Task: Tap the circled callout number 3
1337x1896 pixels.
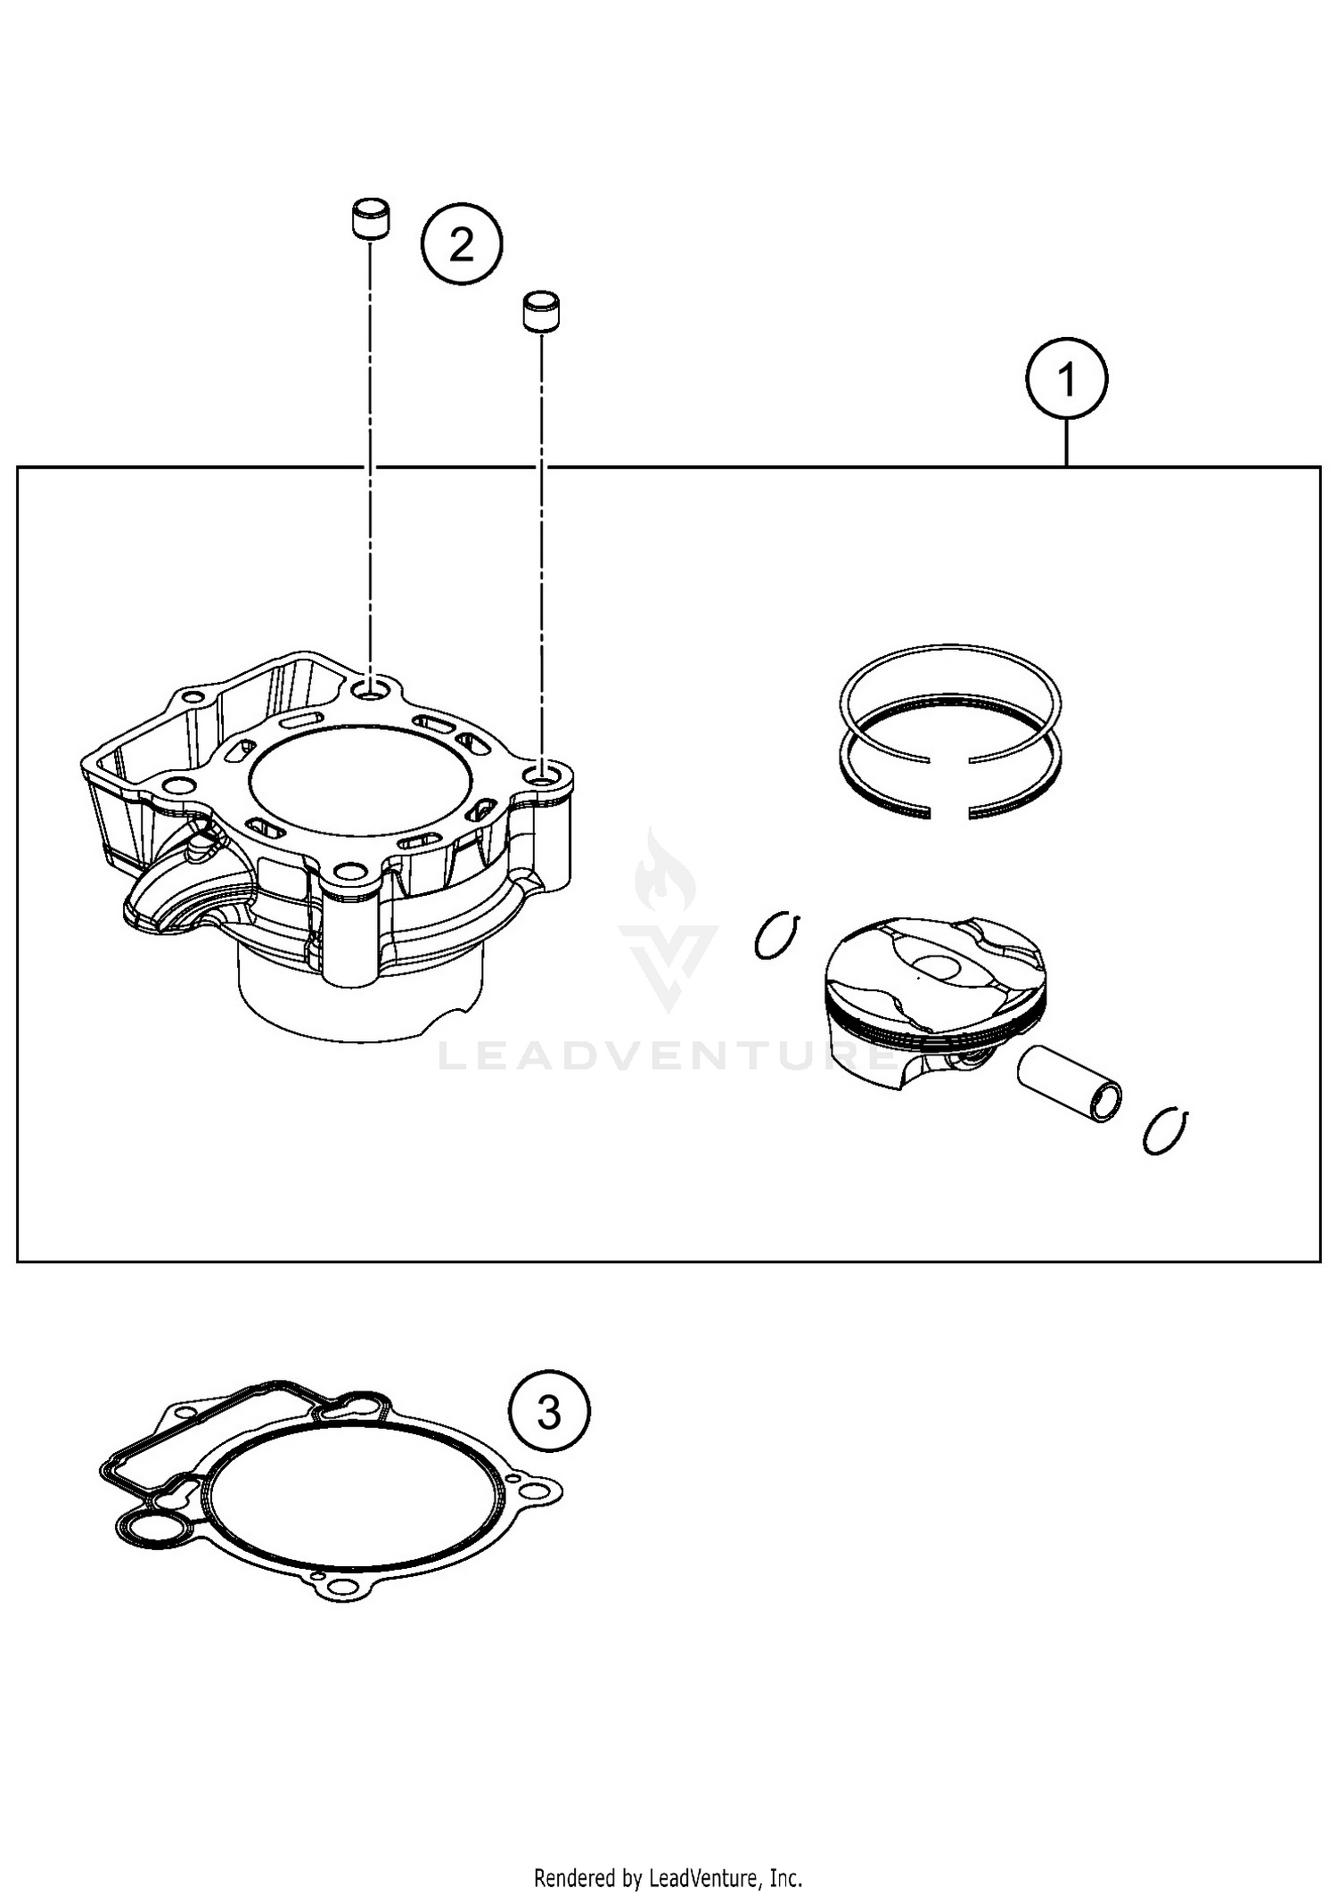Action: coord(549,1412)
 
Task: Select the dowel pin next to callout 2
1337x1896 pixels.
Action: coord(369,219)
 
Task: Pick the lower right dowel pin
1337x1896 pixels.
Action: coord(541,312)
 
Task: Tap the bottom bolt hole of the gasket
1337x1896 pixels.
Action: coord(340,1586)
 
